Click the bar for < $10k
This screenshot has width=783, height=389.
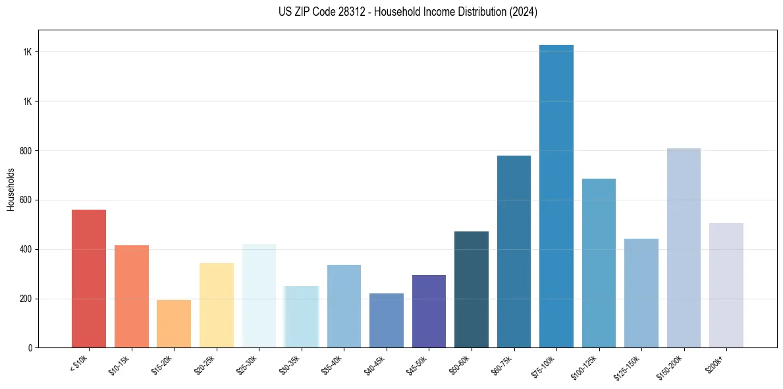89,278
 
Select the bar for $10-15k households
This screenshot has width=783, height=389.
132,296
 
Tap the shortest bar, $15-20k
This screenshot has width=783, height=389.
174,324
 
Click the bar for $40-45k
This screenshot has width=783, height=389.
387,320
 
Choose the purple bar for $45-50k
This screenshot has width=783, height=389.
429,311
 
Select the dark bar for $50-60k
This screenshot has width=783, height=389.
472,289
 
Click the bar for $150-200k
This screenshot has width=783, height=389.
684,248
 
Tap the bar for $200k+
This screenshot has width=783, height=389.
726,285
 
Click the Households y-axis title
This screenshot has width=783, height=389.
11,189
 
